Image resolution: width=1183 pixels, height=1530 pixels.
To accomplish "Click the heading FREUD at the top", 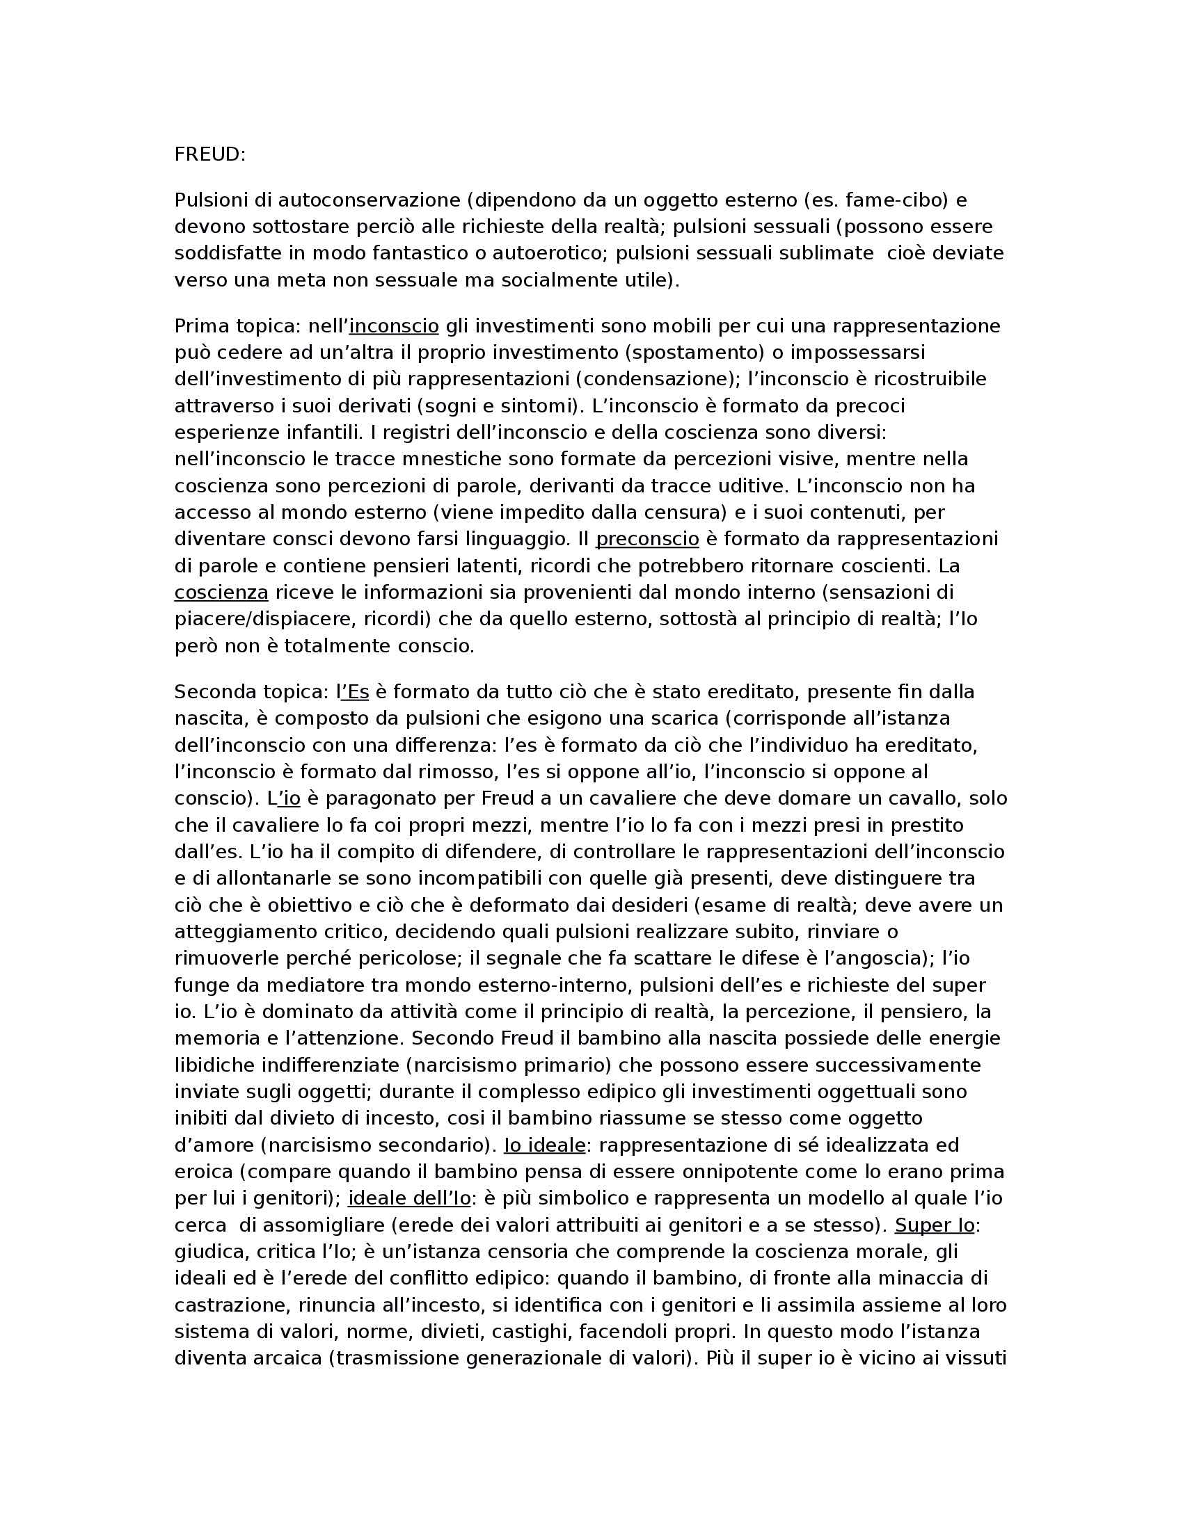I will (209, 155).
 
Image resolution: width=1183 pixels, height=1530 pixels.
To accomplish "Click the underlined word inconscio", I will (394, 326).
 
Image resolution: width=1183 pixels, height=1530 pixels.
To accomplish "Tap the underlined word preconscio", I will (647, 540).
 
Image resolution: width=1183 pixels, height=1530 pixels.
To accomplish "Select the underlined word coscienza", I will (221, 593).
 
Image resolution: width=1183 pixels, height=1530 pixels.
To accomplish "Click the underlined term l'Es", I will (353, 692).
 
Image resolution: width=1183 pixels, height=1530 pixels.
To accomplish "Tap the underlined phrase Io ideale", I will (545, 1145).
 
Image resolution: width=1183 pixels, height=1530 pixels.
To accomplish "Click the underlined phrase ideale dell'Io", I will (409, 1199).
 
